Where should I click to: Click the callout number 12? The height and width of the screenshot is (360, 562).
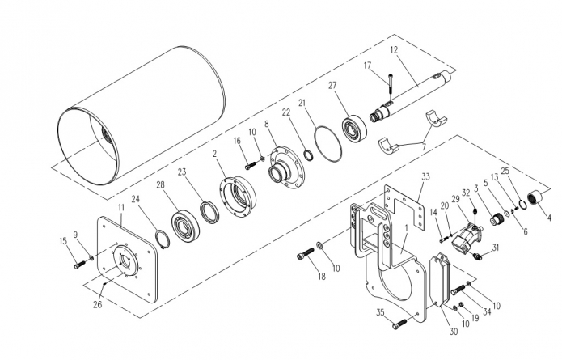click(x=394, y=50)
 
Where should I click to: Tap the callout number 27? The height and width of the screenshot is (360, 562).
click(x=332, y=85)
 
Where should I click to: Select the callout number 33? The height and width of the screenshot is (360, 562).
click(x=425, y=177)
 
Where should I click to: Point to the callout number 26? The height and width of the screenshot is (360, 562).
click(x=98, y=305)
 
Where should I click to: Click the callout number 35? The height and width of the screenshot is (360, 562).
click(x=380, y=312)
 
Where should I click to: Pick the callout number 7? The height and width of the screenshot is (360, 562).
click(x=424, y=147)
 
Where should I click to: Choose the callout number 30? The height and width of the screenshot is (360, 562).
click(x=454, y=332)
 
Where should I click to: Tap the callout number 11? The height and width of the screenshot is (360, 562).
click(x=120, y=208)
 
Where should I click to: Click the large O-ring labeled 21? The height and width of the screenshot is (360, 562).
click(x=327, y=144)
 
